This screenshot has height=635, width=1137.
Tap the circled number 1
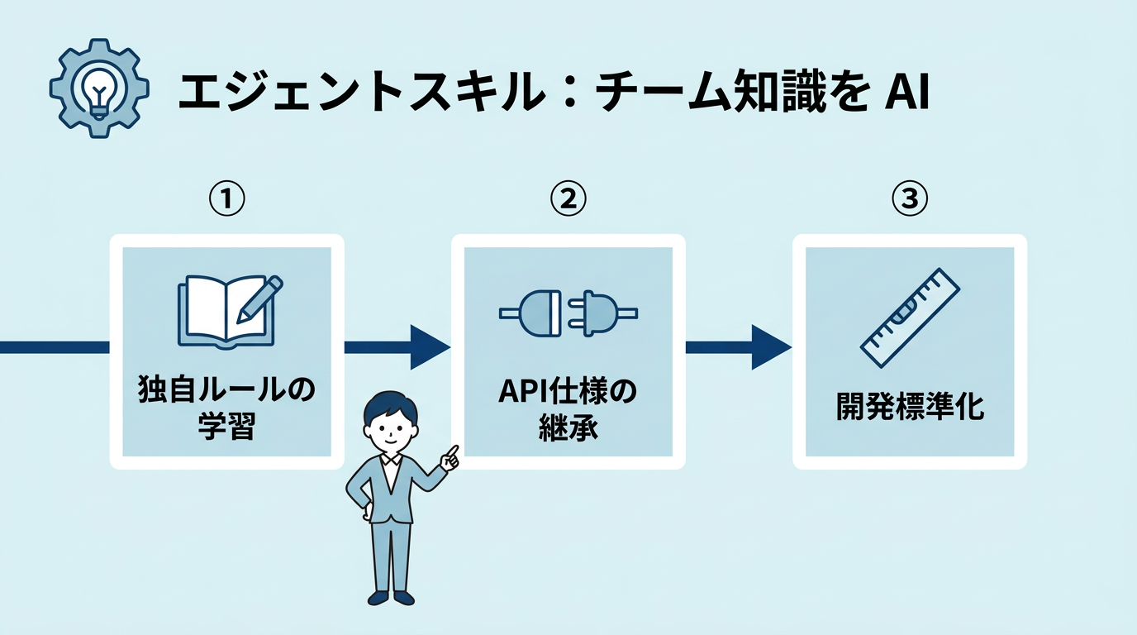(226, 198)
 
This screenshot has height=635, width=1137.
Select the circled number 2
(568, 198)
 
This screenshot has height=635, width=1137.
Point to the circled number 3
(909, 198)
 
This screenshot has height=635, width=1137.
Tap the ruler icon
(910, 317)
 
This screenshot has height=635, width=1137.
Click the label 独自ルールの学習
(226, 408)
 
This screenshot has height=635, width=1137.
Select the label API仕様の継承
(568, 408)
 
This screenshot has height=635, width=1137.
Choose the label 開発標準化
(910, 408)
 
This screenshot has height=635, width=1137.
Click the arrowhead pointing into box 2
(428, 347)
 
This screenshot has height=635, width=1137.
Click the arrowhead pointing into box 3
(769, 347)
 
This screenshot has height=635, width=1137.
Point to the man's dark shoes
(391, 596)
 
